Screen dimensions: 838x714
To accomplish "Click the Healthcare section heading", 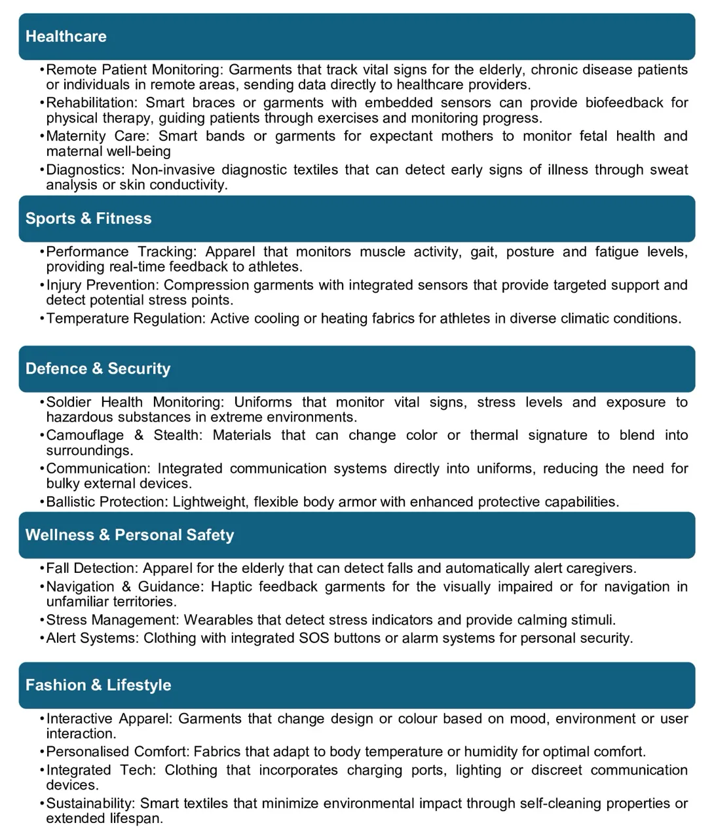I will (66, 37).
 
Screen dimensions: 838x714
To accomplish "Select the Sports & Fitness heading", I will (88, 219).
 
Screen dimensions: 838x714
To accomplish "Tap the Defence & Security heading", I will (98, 369).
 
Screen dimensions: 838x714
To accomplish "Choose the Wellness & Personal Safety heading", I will (130, 535).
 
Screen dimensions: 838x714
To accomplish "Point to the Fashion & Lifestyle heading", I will (98, 685).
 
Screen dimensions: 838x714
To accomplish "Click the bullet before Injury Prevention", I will (42, 285).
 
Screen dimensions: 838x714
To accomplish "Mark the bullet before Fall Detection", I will (42, 568).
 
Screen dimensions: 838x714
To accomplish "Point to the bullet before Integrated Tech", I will (42, 771).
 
